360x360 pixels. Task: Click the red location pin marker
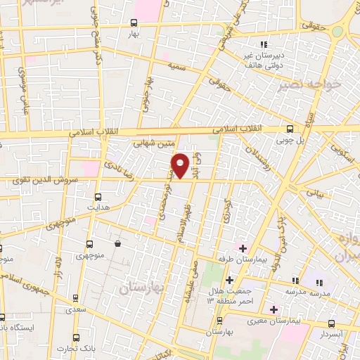tap(181, 165)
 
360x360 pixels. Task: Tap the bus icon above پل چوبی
tap(290, 129)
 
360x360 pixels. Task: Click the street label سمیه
tap(176, 65)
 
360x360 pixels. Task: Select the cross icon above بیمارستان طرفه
tap(243, 248)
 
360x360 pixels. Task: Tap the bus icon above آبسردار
tap(331, 323)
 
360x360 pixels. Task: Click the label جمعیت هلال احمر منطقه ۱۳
tap(212, 296)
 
